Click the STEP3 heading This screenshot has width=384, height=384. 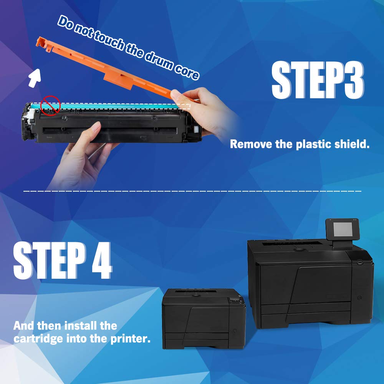click(x=317, y=81)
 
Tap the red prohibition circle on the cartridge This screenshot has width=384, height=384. click(x=51, y=105)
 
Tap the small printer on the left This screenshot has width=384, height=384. click(x=204, y=319)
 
